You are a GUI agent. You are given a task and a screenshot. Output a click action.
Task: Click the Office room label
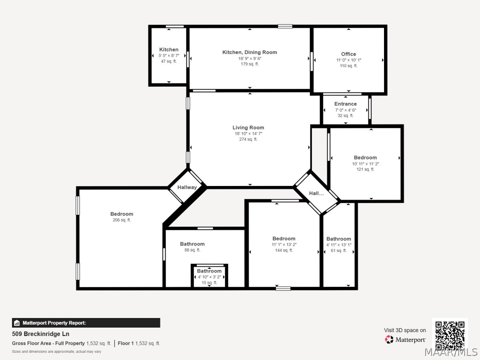coord(348,54)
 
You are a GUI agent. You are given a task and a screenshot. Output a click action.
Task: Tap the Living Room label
coord(248,128)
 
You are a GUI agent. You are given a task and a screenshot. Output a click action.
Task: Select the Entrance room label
coord(345,104)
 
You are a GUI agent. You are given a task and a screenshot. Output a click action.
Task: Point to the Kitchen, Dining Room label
coord(250,52)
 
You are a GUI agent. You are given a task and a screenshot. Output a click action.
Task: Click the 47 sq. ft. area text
coord(169,61)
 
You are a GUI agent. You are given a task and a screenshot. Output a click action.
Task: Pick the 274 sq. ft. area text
coord(248,139)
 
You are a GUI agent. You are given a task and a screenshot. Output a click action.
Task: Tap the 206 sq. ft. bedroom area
coord(122,220)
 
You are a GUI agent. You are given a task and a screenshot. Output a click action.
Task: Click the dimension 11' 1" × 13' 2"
coord(284,244)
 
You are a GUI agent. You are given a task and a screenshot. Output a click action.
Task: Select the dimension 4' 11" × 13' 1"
coord(339,245)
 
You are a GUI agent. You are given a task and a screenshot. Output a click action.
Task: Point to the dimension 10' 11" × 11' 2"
coord(365,164)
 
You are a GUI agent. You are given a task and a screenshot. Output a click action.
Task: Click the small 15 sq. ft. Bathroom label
coord(209,271)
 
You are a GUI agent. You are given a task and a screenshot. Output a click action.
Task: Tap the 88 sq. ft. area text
coord(192,250)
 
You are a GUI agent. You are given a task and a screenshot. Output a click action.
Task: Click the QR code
coord(450,336)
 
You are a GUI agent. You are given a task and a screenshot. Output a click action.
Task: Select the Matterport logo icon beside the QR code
coord(389,340)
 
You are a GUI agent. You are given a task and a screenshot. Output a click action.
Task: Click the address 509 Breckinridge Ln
coord(41,334)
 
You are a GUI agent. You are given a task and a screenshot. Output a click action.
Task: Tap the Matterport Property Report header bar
coord(86,323)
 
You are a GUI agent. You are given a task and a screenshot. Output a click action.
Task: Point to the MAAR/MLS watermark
coord(451,352)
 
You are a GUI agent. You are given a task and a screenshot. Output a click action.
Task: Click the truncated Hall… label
coord(316,193)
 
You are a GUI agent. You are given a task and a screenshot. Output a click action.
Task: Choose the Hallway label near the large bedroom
coord(187,187)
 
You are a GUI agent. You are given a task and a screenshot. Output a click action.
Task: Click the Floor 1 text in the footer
coord(126,343)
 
